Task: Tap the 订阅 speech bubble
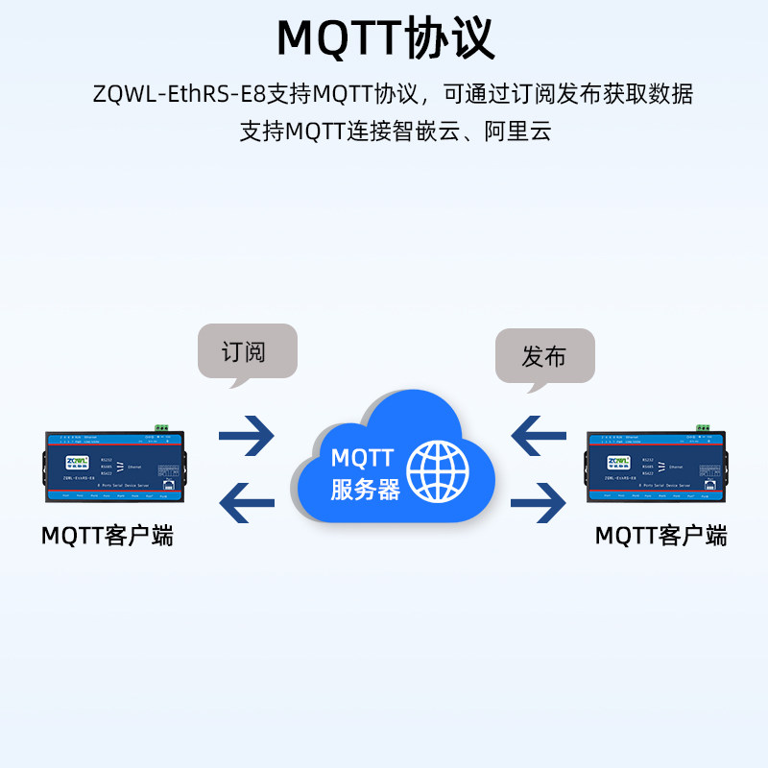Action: (x=248, y=351)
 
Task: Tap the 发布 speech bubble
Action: (x=544, y=357)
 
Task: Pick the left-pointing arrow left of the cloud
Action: (x=247, y=500)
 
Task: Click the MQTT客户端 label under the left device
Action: (x=108, y=536)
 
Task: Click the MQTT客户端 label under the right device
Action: (x=660, y=536)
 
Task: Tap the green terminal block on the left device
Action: (x=160, y=428)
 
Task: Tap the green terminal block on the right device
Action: (x=703, y=428)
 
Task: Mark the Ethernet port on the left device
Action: (x=169, y=485)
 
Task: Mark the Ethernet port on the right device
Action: (x=711, y=485)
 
